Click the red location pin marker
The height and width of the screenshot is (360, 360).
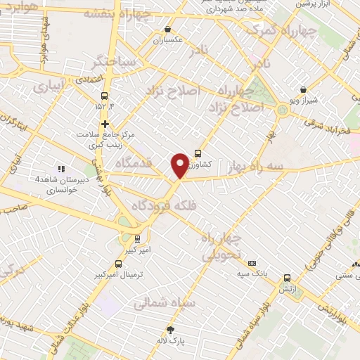180,165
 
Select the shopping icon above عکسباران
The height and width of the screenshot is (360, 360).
167,30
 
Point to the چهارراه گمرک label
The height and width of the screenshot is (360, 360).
274,32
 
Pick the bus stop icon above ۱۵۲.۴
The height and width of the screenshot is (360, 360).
105,96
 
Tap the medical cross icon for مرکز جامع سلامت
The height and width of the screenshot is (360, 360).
105,124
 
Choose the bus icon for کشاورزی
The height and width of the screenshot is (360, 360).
198,153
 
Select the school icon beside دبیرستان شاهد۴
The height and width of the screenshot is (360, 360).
61,169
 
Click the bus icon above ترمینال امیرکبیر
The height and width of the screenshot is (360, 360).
118,264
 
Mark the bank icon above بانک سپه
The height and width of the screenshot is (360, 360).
252,262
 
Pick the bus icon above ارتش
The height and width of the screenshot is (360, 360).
286,278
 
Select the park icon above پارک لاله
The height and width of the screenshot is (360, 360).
169,330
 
